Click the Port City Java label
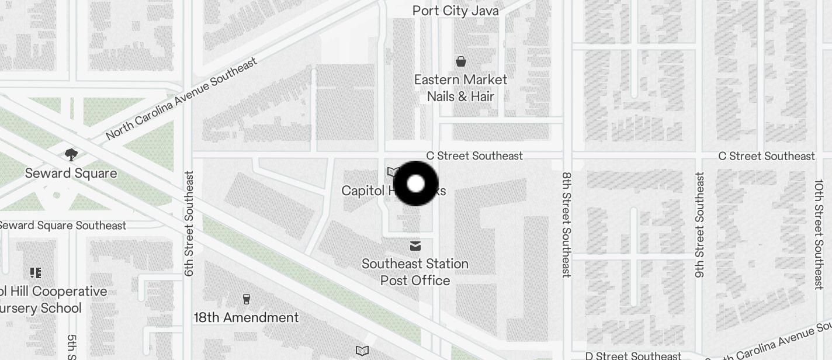click(x=455, y=11)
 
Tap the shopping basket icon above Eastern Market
click(x=461, y=61)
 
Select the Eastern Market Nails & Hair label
click(x=460, y=88)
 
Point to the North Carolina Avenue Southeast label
click(x=182, y=99)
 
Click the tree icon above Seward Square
click(x=71, y=155)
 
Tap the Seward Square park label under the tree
click(x=71, y=174)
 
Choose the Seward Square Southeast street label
click(x=61, y=226)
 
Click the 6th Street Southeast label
click(x=189, y=223)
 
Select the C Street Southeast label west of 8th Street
click(x=474, y=156)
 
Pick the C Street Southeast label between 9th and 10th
click(x=766, y=156)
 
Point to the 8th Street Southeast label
click(x=566, y=224)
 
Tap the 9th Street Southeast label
click(x=699, y=224)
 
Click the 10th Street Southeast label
click(x=819, y=234)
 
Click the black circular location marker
click(x=415, y=184)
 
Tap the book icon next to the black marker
click(x=393, y=172)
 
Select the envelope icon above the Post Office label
click(x=415, y=246)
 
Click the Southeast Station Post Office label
click(x=415, y=272)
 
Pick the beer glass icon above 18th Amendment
click(x=246, y=299)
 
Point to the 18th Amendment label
click(x=246, y=317)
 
